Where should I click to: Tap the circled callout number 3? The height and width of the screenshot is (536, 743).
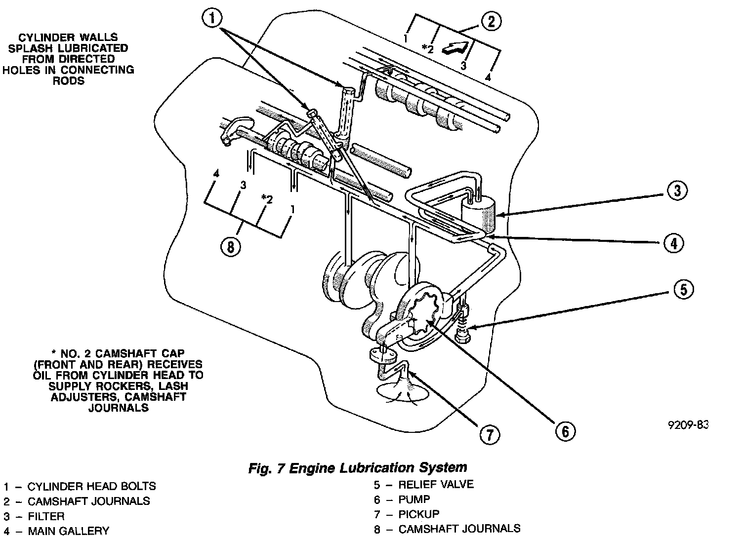point(677,191)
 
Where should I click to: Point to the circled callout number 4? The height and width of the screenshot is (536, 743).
point(674,242)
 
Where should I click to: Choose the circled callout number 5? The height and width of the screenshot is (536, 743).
point(683,290)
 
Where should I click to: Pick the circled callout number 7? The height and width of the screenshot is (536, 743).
point(489,434)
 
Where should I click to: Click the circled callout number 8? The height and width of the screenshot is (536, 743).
point(230,246)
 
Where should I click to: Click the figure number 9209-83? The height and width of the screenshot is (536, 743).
point(688,425)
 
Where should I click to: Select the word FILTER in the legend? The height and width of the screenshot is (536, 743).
point(46,516)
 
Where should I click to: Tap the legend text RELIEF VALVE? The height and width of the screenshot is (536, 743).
point(436,484)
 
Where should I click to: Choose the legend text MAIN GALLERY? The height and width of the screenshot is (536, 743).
point(68,531)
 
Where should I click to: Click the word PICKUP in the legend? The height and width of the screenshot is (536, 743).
point(419,514)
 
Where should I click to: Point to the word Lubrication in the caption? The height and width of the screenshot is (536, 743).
point(368,467)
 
